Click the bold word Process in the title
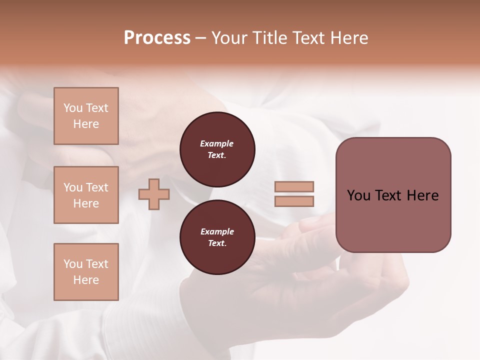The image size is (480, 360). tap(157, 38)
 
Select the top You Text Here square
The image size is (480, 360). tap(86, 116)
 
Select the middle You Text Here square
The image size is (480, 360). tap(86, 195)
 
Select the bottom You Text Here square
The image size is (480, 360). tap(86, 272)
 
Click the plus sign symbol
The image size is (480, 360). tap(154, 194)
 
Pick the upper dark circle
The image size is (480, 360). tap(217, 149)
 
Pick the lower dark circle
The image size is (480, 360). tap(217, 237)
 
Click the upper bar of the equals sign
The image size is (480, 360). tap(294, 187)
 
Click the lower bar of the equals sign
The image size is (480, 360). tap(294, 201)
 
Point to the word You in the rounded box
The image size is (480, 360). tap(358, 195)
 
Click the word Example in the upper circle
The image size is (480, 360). tap(217, 143)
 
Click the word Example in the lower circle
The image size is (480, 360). tap(217, 231)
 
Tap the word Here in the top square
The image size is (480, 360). tap(86, 124)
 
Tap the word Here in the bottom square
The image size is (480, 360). tap(86, 280)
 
